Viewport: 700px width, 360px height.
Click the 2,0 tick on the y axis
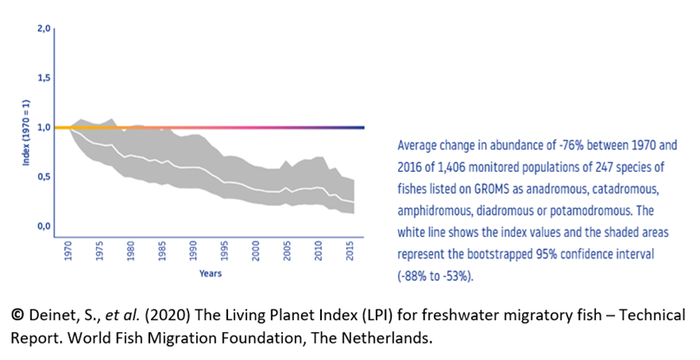pos(42,29)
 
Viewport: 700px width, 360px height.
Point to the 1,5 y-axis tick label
pos(42,78)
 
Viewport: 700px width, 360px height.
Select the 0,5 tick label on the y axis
pos(42,177)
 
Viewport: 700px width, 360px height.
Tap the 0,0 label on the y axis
pos(42,226)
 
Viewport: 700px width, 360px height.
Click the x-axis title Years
pos(208,273)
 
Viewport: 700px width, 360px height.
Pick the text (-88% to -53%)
pos(438,276)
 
